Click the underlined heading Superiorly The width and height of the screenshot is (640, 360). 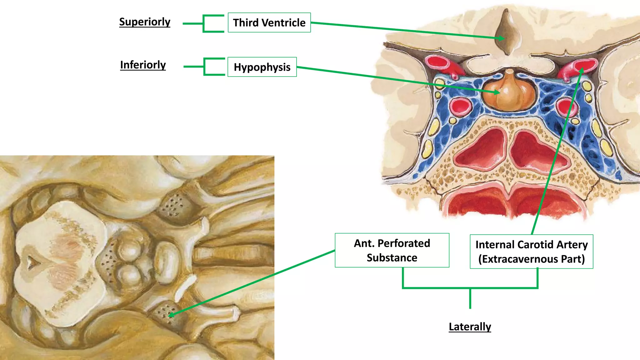click(145, 22)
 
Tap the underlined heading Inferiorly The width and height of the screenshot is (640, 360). click(143, 65)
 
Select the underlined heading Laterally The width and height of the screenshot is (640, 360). click(470, 327)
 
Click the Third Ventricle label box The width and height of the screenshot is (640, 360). click(269, 22)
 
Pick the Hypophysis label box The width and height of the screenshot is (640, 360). click(262, 67)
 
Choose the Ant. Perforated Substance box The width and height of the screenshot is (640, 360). click(392, 250)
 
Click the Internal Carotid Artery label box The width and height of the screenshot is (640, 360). click(531, 252)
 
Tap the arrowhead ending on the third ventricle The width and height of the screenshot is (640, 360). click(502, 38)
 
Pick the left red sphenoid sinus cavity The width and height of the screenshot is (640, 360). click(481, 150)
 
